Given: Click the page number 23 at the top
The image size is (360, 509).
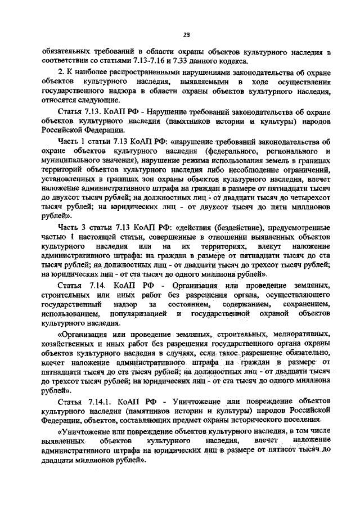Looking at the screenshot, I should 186,35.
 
